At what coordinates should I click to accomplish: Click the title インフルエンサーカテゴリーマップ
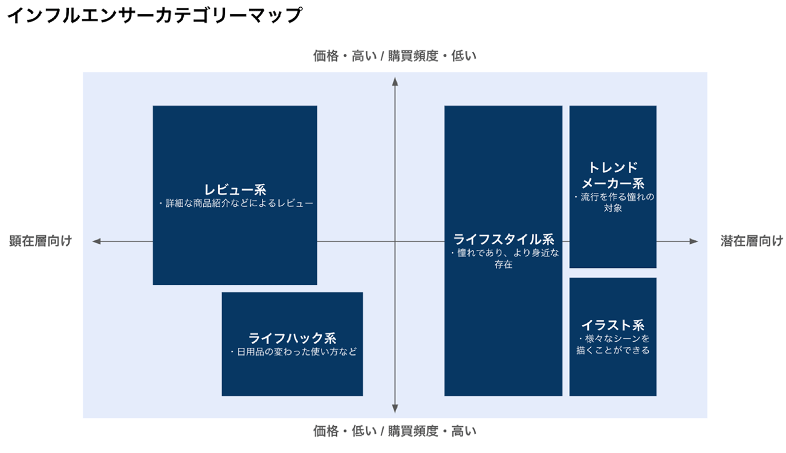pyautogui.click(x=154, y=15)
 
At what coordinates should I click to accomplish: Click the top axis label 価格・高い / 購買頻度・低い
pyautogui.click(x=395, y=56)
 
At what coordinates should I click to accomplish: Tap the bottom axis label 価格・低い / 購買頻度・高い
pyautogui.click(x=395, y=431)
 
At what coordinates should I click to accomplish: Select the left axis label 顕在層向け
pyautogui.click(x=41, y=241)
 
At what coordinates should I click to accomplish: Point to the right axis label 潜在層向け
pyautogui.click(x=752, y=241)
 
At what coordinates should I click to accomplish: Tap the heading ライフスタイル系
pyautogui.click(x=503, y=240)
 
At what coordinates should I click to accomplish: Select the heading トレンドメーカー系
pyautogui.click(x=612, y=175)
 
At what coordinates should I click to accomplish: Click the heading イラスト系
pyautogui.click(x=612, y=325)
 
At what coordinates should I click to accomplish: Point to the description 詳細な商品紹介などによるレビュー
pyautogui.click(x=235, y=204)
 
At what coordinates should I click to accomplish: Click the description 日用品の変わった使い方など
pyautogui.click(x=293, y=351)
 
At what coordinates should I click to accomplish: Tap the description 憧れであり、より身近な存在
pyautogui.click(x=504, y=258)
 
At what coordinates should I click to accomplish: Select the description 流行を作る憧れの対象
pyautogui.click(x=613, y=202)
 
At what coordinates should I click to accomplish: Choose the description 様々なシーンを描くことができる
pyautogui.click(x=613, y=344)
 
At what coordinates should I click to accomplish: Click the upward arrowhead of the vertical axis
pyautogui.click(x=395, y=82)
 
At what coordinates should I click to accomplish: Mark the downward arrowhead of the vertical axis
pyautogui.click(x=395, y=408)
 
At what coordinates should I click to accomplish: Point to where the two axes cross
pyautogui.click(x=395, y=241)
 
